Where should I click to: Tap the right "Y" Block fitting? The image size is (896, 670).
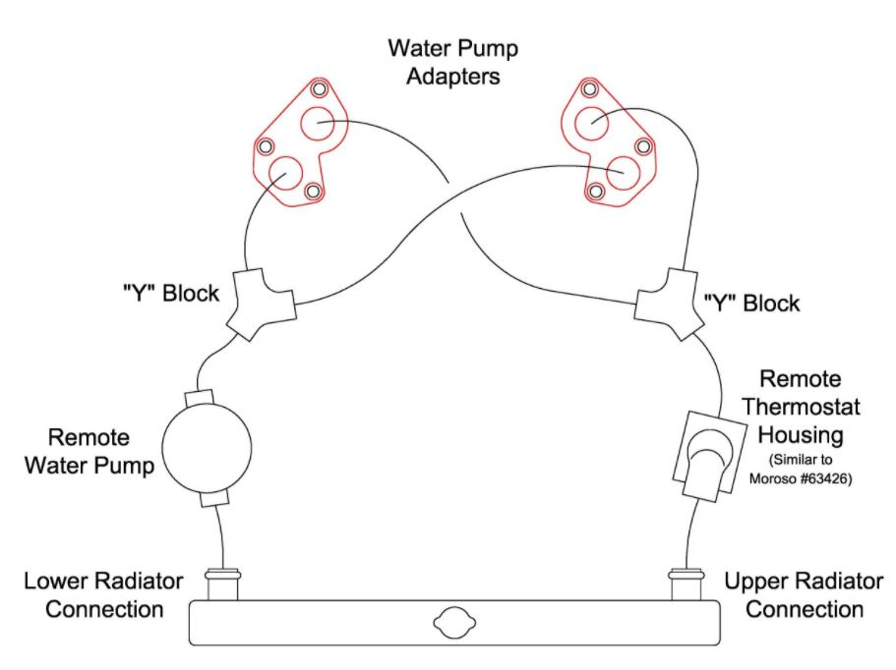click(x=672, y=304)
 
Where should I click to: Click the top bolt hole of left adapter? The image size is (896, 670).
click(x=318, y=89)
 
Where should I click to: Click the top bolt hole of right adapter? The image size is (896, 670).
click(x=589, y=89)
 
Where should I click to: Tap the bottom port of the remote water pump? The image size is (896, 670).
click(x=212, y=500)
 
